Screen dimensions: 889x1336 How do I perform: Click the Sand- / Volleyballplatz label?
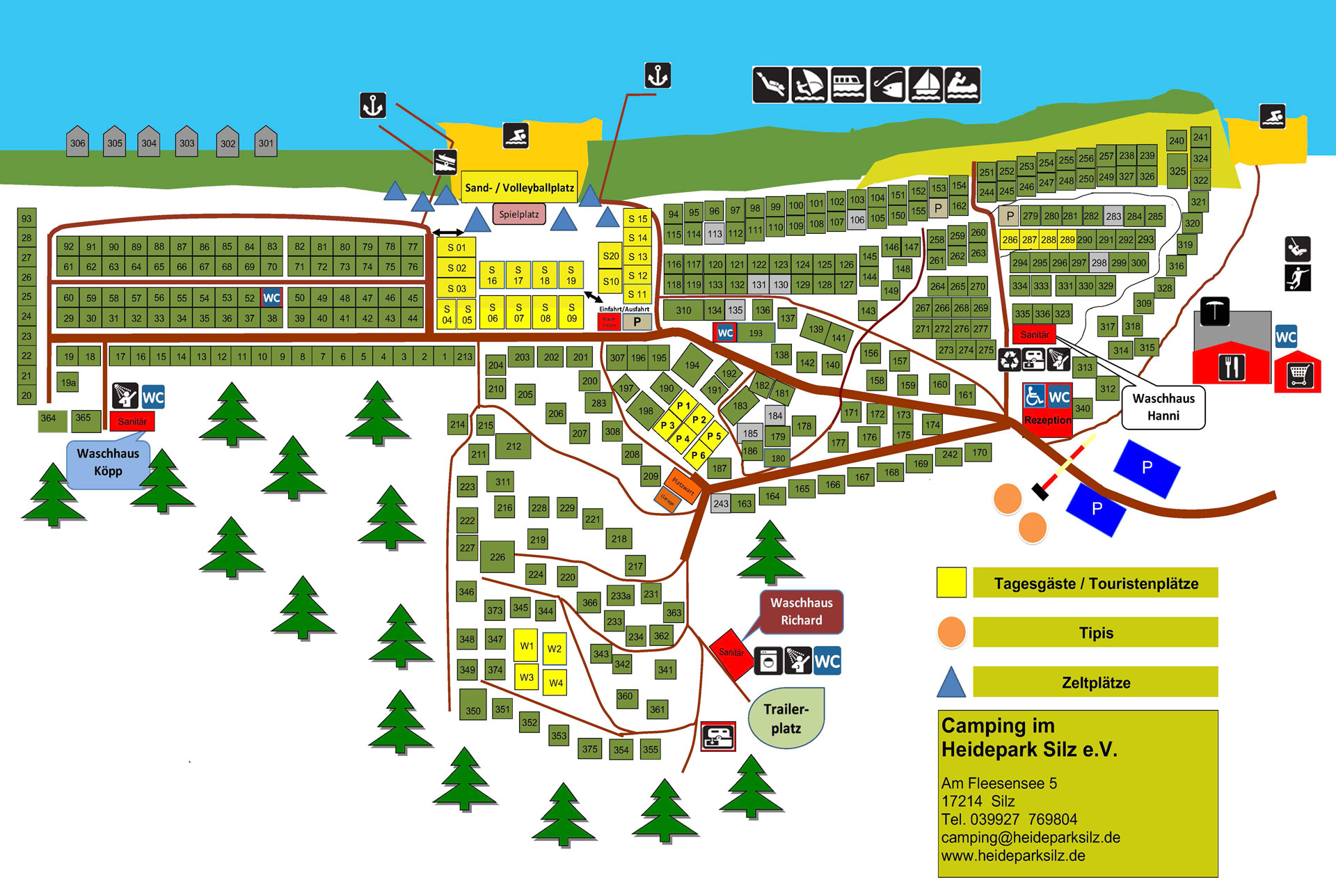click(x=519, y=187)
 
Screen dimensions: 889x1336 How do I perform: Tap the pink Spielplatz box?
click(x=519, y=214)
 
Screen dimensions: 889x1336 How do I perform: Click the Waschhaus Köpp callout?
click(x=108, y=463)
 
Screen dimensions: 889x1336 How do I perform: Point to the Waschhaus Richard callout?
click(x=801, y=612)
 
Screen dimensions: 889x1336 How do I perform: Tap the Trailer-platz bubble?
click(x=786, y=718)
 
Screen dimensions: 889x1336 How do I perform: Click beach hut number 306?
click(x=77, y=143)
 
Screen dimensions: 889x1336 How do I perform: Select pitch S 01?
click(x=456, y=248)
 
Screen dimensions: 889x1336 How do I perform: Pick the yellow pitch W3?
click(x=527, y=677)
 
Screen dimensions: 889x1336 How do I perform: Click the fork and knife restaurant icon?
click(x=1231, y=367)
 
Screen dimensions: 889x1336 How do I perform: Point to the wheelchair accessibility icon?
click(x=1034, y=397)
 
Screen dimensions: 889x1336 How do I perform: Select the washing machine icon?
click(x=768, y=661)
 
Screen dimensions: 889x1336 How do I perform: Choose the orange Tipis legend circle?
click(x=951, y=632)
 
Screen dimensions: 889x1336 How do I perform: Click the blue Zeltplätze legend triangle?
click(x=951, y=682)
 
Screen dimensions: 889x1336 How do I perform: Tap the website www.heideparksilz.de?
click(x=1013, y=856)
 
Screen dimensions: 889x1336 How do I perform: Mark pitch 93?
click(x=26, y=218)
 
